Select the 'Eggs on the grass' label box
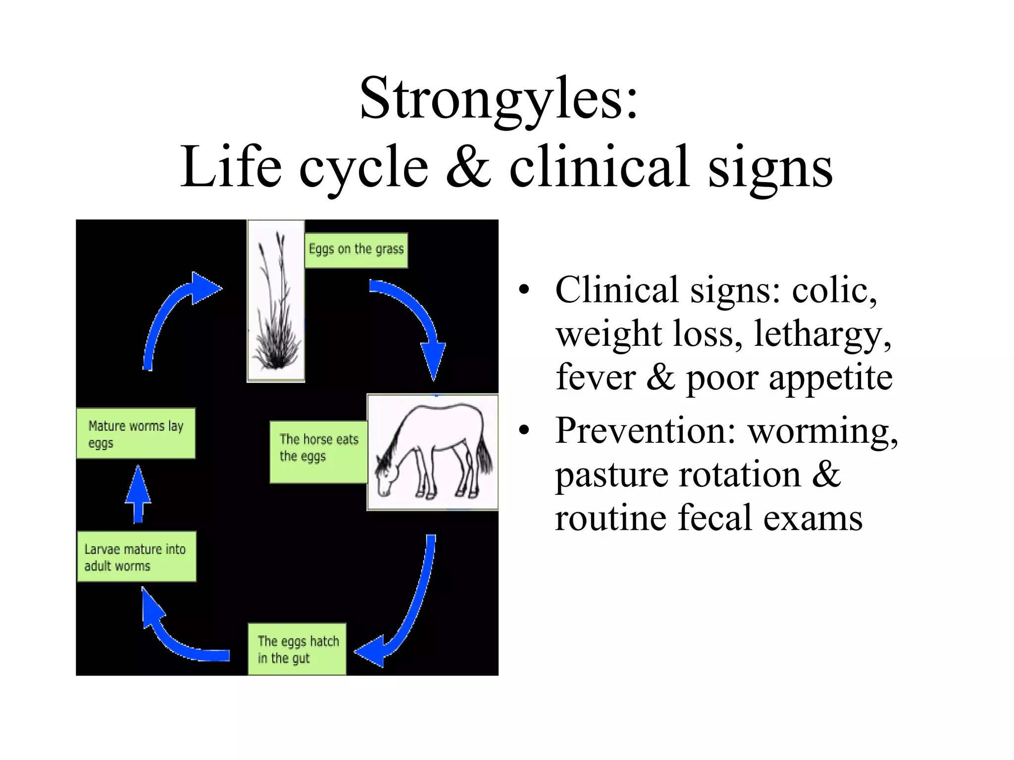tap(356, 250)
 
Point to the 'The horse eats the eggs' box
tap(318, 451)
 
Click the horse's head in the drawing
tap(386, 477)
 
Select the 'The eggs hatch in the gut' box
tap(297, 649)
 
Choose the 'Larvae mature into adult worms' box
tap(136, 557)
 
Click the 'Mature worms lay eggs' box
tap(136, 433)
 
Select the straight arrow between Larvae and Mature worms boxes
tap(138, 495)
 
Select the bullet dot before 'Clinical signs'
tap(524, 291)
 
